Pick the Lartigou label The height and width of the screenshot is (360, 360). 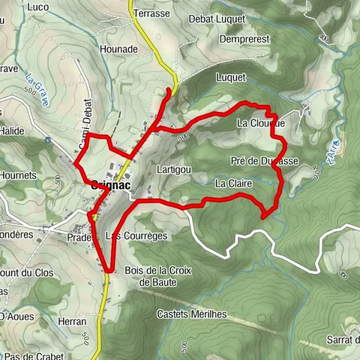click(x=173, y=170)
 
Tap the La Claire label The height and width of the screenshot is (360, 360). click(x=232, y=182)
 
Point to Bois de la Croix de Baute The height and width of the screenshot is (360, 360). click(x=155, y=276)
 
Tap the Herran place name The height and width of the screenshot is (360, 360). click(x=70, y=321)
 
